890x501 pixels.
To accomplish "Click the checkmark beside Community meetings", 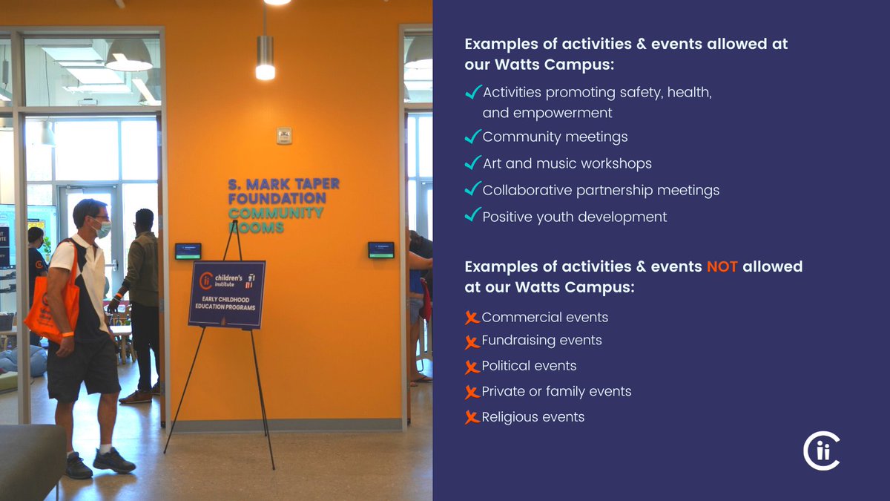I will coord(472,137).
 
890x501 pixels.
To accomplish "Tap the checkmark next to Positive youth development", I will coord(472,215).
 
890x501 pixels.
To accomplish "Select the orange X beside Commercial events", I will coord(472,318).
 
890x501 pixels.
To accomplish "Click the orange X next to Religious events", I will coord(472,417).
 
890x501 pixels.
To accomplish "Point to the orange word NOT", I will coord(722,266).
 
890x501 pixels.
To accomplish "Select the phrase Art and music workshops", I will coord(567,163).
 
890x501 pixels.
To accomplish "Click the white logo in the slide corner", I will coord(822,451).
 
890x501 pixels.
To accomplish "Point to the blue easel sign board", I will coord(226,294).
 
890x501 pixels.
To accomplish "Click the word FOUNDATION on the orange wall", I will coord(277,199).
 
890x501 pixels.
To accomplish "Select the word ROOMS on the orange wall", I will coord(256,228).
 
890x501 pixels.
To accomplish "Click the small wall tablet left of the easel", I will coord(188,251).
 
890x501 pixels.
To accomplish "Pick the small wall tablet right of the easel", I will coord(380,250).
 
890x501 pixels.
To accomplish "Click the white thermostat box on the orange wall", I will coord(284,136).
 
